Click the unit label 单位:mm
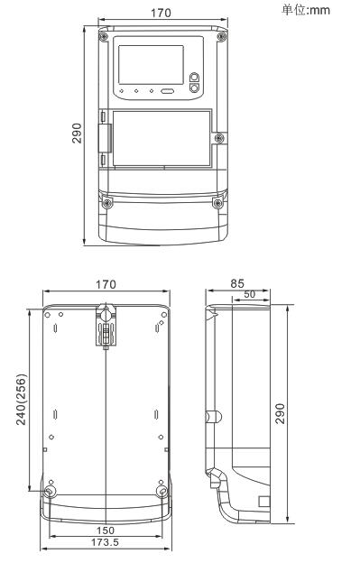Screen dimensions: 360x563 pos(306,10)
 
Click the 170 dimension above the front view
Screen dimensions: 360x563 pos(161,13)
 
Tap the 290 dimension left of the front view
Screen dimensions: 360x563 pos(77,134)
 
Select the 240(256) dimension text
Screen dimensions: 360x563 pos(22,400)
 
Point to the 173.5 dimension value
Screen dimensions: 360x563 pos(105,542)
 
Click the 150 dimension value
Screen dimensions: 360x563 pos(106,530)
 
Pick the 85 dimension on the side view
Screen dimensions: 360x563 pos(237,283)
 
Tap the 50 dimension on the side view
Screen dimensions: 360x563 pos(249,294)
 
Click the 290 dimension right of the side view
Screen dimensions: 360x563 pos(280,413)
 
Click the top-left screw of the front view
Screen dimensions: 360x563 pos(104,36)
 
